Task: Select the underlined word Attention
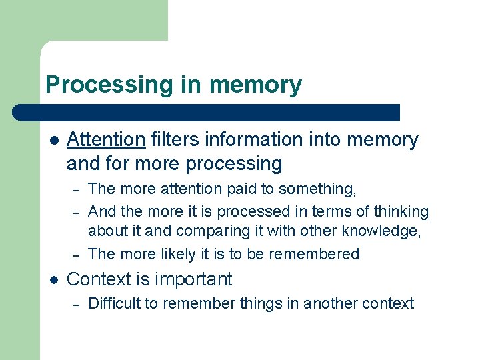pos(106,140)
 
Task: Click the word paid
pos(244,189)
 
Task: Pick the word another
pos(330,304)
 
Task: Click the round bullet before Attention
pos(53,141)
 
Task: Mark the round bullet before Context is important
pos(53,279)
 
